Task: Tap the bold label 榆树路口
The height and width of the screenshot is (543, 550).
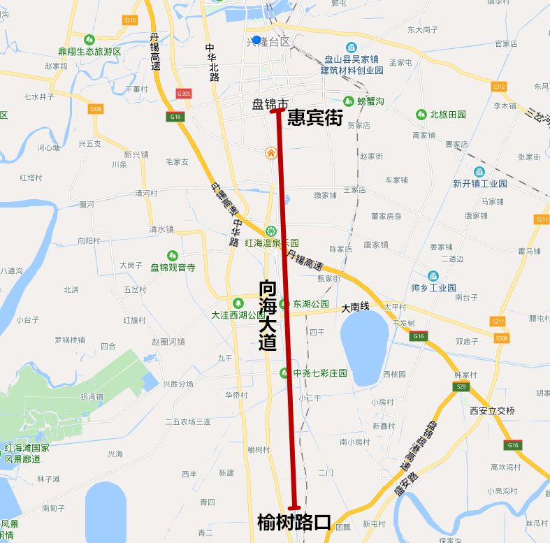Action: tap(294, 522)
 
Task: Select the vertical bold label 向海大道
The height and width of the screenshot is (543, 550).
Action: tap(268, 315)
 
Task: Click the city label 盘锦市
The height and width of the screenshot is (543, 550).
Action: tap(270, 104)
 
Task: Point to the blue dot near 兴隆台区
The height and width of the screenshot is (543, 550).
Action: tap(256, 40)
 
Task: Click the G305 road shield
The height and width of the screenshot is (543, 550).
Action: tap(184, 94)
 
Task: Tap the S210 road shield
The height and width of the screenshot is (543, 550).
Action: tap(129, 20)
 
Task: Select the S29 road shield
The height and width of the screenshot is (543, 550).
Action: tap(461, 386)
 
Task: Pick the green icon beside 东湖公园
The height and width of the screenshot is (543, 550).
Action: tap(284, 304)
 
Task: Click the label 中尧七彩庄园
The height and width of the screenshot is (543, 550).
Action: tap(320, 373)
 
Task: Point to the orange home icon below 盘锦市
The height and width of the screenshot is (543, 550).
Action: tap(270, 153)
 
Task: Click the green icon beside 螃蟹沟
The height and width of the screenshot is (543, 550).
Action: tap(348, 101)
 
